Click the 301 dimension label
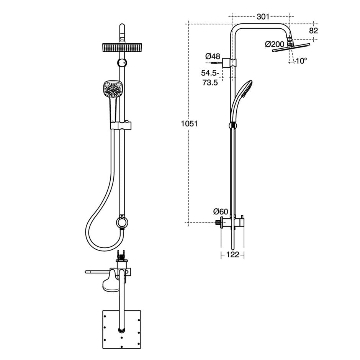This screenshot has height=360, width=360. pos(263,16)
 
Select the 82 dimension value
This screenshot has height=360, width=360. pos(313,31)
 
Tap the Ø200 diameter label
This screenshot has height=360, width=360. pos(275,44)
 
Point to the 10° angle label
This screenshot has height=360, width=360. pos(301,61)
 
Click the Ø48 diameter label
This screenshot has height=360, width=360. pos(213,56)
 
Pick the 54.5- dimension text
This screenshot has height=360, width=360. pos(210,73)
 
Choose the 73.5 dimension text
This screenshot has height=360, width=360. pos(210,82)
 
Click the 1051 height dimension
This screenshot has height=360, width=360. pos(190,123)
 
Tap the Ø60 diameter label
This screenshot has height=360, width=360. pos(221,211)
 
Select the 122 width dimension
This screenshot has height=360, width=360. pos(232,254)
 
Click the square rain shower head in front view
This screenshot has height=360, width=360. pos(121,48)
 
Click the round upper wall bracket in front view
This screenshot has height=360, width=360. pos(122,63)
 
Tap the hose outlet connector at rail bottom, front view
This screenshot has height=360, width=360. pos(122,222)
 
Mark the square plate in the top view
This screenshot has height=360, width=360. pos(122,329)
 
